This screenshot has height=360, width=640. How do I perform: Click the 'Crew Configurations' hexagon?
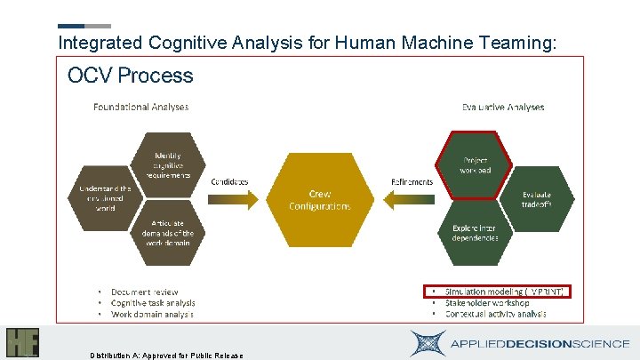tap(319, 199)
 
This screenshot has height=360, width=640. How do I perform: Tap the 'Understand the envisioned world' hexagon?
tap(105, 197)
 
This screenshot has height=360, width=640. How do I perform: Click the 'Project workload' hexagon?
tap(474, 165)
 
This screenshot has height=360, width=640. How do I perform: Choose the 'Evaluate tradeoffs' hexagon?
tap(536, 199)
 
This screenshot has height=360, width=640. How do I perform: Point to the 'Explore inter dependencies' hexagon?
tap(474, 233)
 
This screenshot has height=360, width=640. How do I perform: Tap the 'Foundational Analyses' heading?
tap(141, 108)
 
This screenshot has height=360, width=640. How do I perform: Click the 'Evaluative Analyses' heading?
tap(502, 108)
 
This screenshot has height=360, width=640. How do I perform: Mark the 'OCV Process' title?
tap(130, 75)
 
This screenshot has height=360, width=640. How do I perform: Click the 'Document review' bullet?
tap(144, 292)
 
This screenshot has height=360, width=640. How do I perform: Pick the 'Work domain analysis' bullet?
tap(152, 315)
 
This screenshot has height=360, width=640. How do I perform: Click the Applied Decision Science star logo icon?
tap(429, 343)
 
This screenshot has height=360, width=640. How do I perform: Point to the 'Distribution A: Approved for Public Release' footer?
tap(166, 355)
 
